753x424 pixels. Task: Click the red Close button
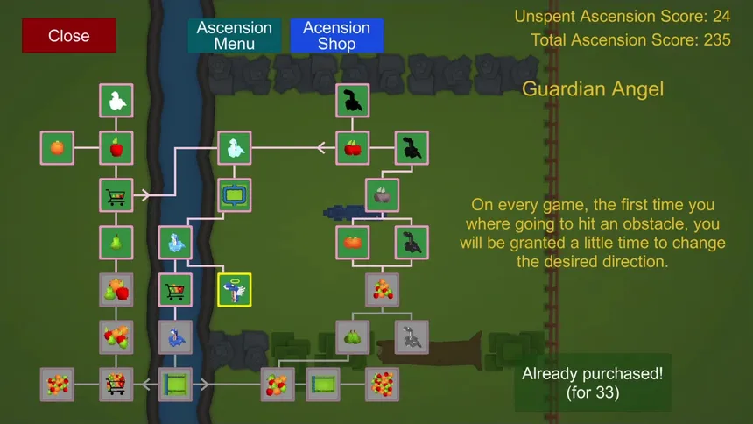68,36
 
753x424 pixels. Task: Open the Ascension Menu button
235,36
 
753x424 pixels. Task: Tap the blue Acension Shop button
336,36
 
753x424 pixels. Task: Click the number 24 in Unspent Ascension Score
721,17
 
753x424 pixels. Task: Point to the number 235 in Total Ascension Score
717,40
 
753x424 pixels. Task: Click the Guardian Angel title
593,89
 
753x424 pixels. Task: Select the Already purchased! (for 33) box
593,383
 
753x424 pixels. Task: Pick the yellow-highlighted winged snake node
235,290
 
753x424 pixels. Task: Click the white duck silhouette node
116,101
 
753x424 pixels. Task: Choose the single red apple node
116,147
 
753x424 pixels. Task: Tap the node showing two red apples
353,147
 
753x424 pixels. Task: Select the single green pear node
116,243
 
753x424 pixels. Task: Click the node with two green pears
353,337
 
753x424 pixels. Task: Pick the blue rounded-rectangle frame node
235,195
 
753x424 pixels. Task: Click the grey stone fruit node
383,195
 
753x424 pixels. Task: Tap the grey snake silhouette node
412,337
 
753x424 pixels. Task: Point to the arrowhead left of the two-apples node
321,147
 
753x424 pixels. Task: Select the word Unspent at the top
545,17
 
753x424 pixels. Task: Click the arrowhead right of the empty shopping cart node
145,195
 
